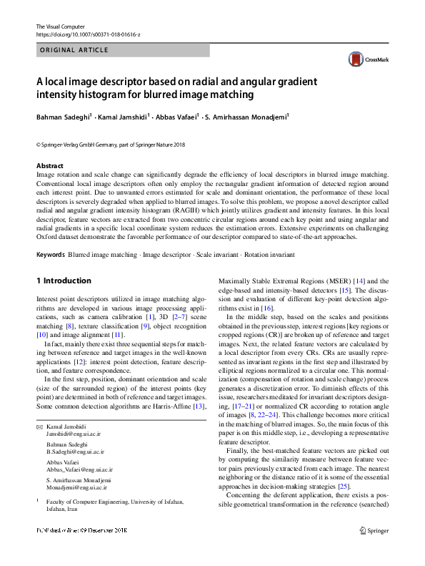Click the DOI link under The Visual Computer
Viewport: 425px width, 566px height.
[x=88, y=34]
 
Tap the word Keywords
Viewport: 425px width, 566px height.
[x=51, y=255]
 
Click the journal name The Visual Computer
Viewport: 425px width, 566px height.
[x=60, y=26]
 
